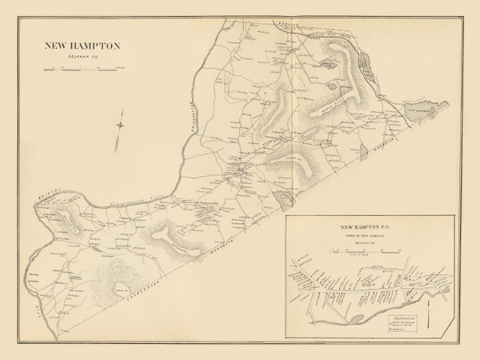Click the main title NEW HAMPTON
point(82,46)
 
